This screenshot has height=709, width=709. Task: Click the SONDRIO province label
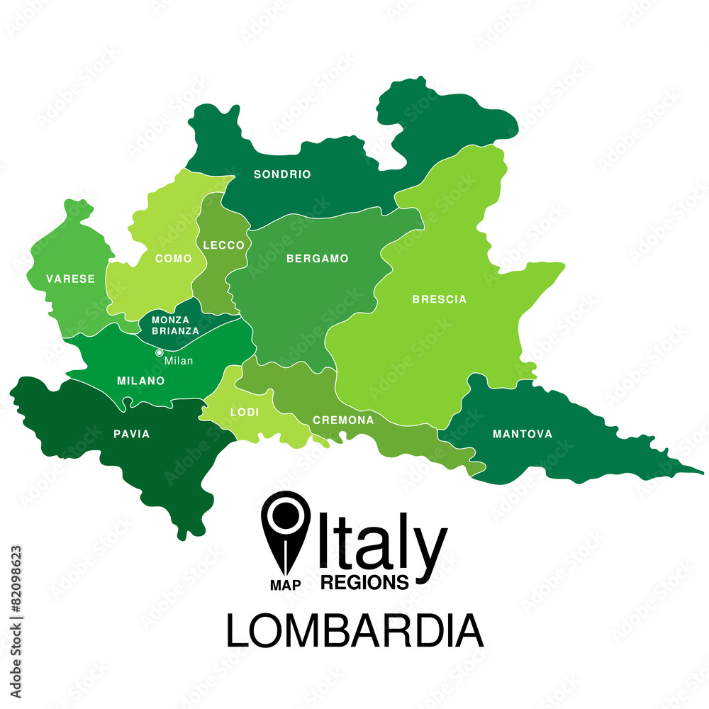(282, 174)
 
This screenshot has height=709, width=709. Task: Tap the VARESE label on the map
(70, 279)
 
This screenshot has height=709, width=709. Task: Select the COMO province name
(173, 259)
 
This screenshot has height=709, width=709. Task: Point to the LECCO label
(223, 245)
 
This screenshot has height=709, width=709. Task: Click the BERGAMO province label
(318, 259)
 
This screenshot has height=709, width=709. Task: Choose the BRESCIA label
(440, 299)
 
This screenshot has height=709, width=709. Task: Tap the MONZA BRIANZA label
(175, 325)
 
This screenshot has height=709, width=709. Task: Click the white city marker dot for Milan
(160, 352)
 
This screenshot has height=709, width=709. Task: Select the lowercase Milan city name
(179, 361)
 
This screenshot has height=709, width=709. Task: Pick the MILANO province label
(140, 381)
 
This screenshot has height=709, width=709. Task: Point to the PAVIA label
(132, 434)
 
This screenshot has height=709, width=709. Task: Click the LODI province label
(244, 413)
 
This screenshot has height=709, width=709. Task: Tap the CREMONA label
(343, 420)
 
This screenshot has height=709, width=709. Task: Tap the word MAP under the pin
(286, 586)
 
